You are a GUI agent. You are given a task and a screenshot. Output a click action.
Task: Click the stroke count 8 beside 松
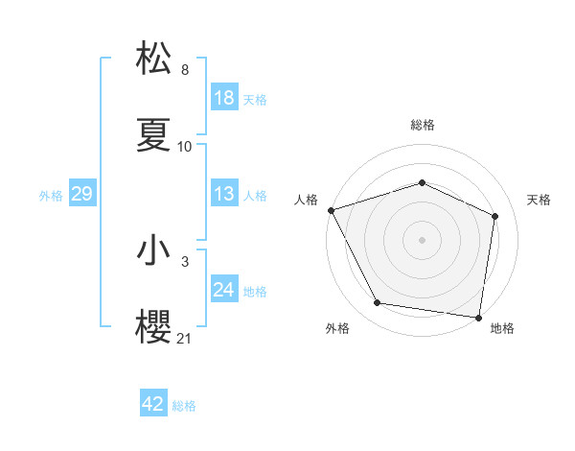(x=185, y=70)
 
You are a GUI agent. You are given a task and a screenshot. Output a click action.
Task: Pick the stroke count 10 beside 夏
(x=185, y=147)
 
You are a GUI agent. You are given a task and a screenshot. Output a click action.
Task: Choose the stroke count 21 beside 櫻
(x=185, y=339)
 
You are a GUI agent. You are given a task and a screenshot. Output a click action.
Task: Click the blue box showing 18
(x=224, y=99)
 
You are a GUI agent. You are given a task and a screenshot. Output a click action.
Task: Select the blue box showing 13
(x=224, y=194)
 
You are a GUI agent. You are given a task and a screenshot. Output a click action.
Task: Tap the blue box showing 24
(x=224, y=290)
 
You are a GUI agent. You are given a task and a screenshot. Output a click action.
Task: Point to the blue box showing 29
(x=81, y=195)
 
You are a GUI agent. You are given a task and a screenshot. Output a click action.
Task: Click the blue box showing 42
(x=153, y=404)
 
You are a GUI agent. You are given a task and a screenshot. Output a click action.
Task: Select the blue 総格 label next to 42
(x=184, y=406)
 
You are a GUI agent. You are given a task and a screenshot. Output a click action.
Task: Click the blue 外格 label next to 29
(x=51, y=196)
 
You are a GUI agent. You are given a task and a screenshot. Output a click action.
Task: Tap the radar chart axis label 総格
(x=422, y=125)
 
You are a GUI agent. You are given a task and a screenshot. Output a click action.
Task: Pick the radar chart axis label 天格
(x=539, y=200)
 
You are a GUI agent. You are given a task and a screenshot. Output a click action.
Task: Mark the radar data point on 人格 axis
(x=331, y=210)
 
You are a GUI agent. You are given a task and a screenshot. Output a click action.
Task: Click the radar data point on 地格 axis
(x=478, y=317)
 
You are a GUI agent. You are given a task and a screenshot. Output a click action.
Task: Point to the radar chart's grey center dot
(x=422, y=239)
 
